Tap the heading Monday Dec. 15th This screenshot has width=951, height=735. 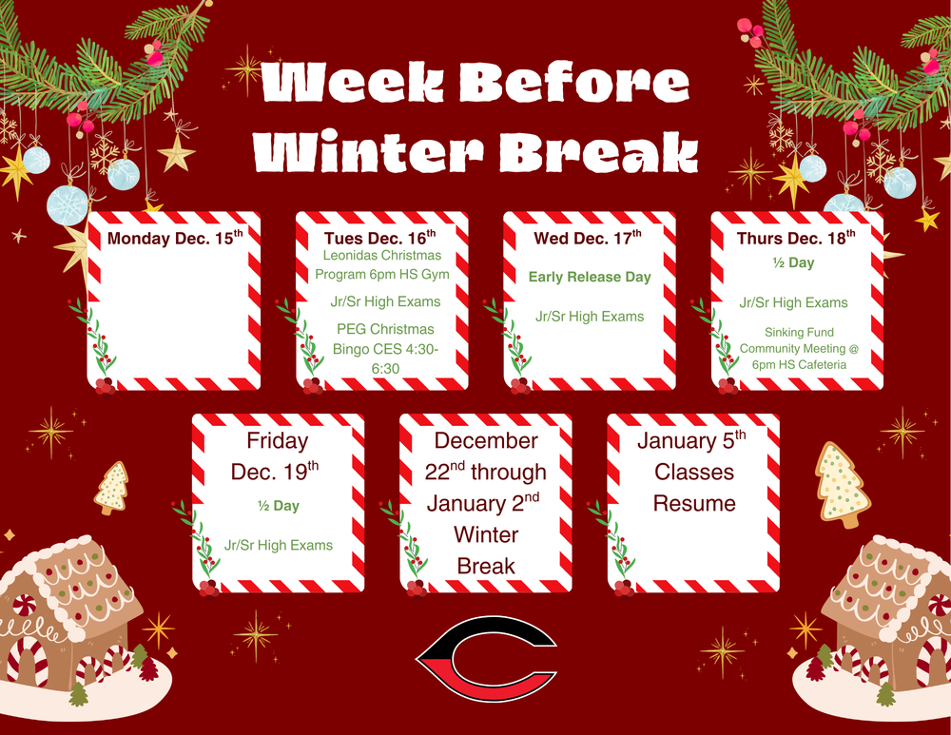tap(175, 238)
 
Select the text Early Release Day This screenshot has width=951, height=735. tap(590, 277)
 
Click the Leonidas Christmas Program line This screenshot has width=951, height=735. tap(382, 265)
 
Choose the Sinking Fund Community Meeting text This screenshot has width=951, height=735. tap(799, 349)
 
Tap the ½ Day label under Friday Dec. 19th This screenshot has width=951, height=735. tap(279, 506)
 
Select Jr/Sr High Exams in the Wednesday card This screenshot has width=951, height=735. tap(590, 317)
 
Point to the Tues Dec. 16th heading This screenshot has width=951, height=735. tap(379, 237)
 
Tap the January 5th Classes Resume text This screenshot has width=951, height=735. tap(693, 472)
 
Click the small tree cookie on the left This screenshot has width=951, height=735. tap(112, 486)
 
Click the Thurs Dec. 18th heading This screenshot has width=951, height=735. tap(796, 237)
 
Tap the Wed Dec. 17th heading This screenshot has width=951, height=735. tap(588, 238)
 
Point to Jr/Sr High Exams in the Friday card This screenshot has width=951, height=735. tap(279, 545)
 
